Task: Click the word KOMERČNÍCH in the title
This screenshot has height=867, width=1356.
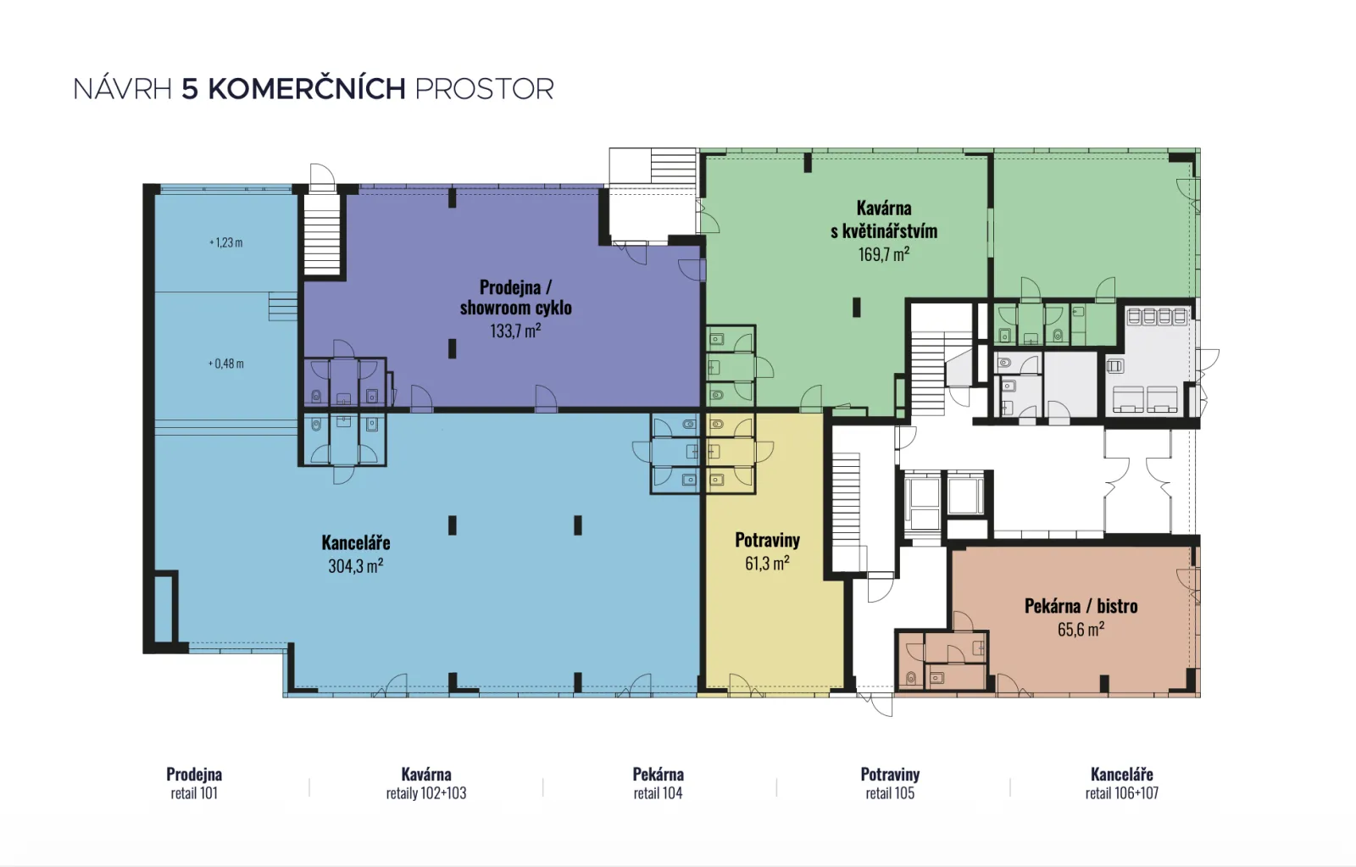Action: tap(307, 88)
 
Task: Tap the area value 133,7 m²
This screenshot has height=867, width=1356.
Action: tap(515, 331)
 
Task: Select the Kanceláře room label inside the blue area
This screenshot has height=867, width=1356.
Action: tap(356, 542)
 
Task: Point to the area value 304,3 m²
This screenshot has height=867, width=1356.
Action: tap(356, 565)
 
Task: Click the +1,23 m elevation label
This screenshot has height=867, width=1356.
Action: tap(225, 242)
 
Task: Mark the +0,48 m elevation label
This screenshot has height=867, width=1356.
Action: tap(225, 364)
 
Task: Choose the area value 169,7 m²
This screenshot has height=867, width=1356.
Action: tap(884, 253)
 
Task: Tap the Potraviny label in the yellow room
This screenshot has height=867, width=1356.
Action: tap(768, 540)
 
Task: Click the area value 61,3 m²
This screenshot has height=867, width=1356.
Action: tap(768, 563)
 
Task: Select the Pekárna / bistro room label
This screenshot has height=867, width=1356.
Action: tap(1081, 605)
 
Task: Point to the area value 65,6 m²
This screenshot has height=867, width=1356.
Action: tap(1081, 629)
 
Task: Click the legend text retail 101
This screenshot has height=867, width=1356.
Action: tap(194, 793)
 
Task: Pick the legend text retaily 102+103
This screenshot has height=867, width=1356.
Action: tap(426, 793)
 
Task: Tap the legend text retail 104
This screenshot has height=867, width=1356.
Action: tap(658, 793)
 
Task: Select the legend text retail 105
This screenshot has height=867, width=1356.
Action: tap(890, 793)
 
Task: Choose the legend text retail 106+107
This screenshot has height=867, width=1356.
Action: tap(1122, 793)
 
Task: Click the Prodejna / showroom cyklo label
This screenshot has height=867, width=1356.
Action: tap(516, 297)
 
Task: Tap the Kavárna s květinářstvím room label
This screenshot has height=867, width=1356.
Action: tap(884, 220)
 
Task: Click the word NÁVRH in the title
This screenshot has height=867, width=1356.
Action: tap(123, 88)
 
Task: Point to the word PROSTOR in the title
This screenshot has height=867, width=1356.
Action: tap(484, 89)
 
